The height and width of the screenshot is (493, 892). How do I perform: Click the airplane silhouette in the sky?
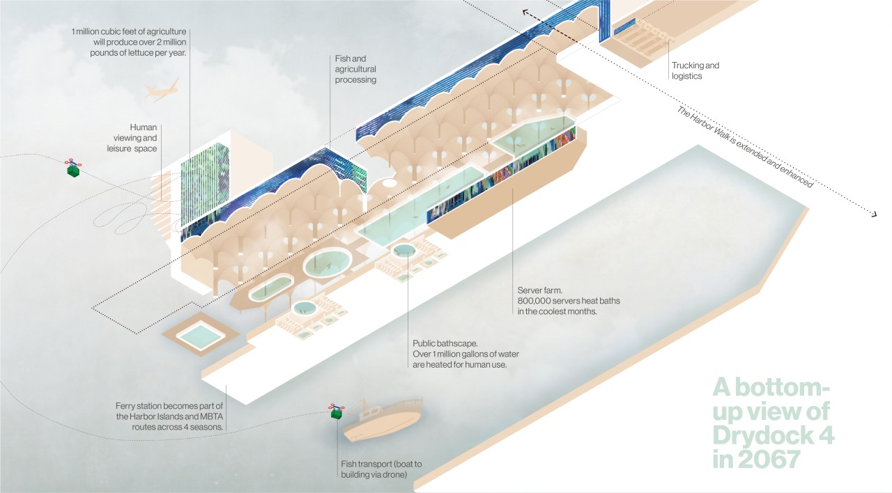162,90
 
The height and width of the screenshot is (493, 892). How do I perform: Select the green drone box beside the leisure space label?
72,169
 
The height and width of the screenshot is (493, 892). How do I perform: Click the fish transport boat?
383,421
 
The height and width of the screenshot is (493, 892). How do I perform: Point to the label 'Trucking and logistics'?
695,70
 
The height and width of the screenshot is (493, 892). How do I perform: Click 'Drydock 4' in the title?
774,435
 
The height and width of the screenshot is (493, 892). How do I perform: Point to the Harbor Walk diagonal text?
746,147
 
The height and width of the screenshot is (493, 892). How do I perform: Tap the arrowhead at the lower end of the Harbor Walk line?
873,214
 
